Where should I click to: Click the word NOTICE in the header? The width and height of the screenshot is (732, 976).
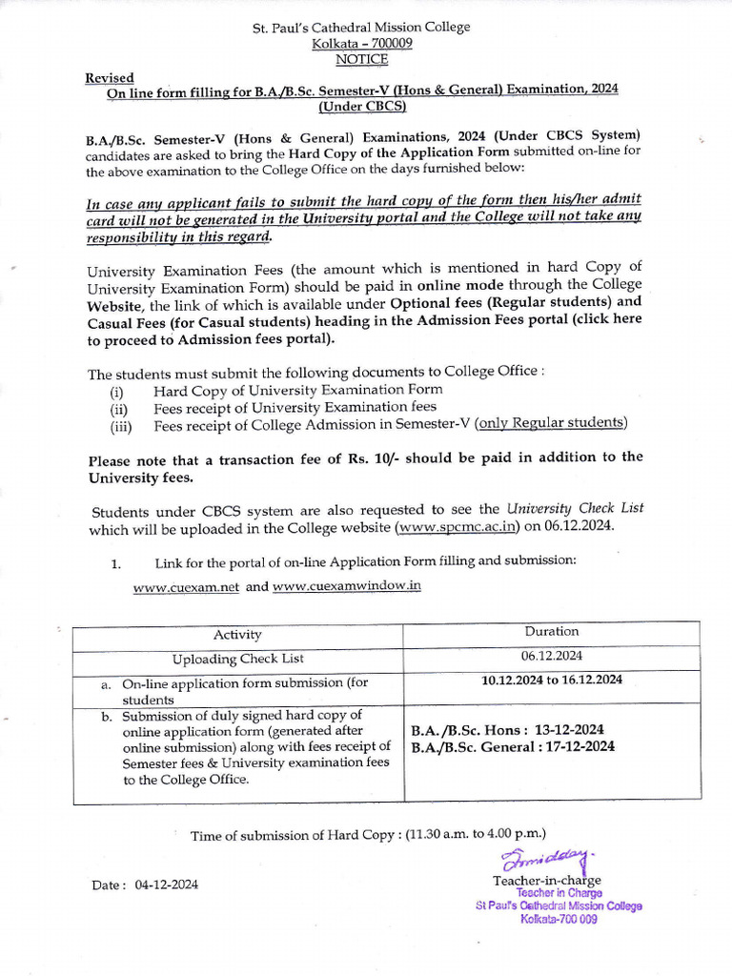tap(361, 59)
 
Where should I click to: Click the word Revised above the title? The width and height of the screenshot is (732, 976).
tap(110, 77)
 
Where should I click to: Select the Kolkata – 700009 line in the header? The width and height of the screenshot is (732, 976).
tap(361, 44)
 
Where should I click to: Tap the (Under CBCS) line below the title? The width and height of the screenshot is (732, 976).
tap(361, 105)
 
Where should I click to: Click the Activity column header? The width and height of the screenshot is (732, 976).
tap(237, 635)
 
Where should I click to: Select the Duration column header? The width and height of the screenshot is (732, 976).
tap(551, 631)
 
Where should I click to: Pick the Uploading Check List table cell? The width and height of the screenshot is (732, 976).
tap(237, 659)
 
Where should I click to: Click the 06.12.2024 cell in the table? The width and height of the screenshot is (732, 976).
tap(551, 656)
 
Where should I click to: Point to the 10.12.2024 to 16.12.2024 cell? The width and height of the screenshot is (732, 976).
tap(551, 680)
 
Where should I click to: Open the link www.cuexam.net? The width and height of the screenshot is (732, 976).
tap(186, 587)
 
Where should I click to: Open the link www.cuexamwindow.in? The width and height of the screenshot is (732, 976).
tap(346, 586)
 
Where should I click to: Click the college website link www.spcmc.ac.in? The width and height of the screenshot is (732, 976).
tap(457, 526)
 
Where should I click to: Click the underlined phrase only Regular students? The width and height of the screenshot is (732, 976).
tap(552, 423)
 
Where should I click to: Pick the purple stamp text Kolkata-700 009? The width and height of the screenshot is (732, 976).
tap(559, 920)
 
